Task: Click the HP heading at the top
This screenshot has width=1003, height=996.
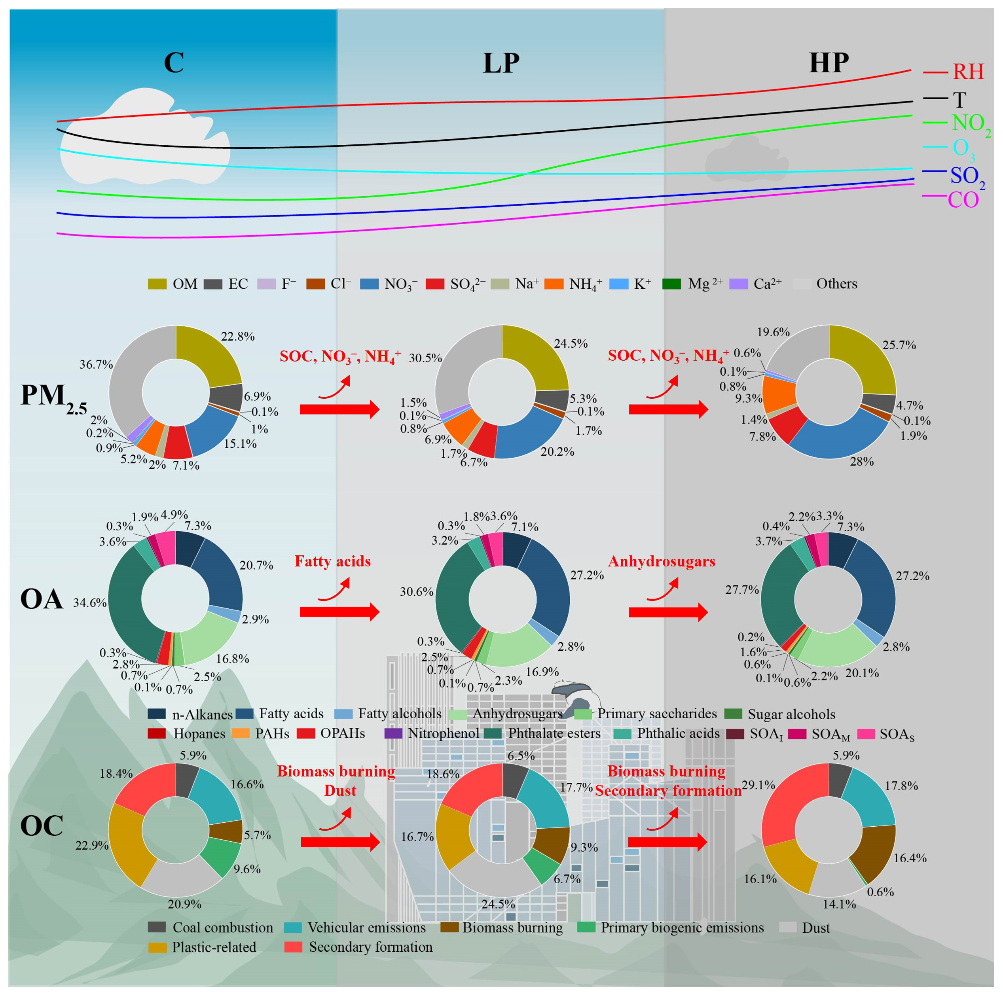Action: point(829,63)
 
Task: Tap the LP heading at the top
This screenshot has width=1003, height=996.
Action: point(501,63)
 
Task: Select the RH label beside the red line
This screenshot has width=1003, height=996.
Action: point(968,72)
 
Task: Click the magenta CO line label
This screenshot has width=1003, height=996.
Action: point(963,200)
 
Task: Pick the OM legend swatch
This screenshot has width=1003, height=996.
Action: point(157,284)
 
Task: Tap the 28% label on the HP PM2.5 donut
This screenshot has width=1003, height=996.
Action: point(861,461)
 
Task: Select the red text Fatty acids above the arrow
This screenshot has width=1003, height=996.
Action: point(332,562)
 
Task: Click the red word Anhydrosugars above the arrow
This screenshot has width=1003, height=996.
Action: point(662,562)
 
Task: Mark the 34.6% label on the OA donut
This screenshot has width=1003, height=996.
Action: point(89,602)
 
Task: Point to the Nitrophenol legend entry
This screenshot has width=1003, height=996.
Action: point(443,733)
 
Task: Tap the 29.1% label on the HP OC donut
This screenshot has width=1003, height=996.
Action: point(758,785)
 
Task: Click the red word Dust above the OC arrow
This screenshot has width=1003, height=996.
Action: point(340,790)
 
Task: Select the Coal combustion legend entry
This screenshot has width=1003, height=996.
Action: point(222,928)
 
